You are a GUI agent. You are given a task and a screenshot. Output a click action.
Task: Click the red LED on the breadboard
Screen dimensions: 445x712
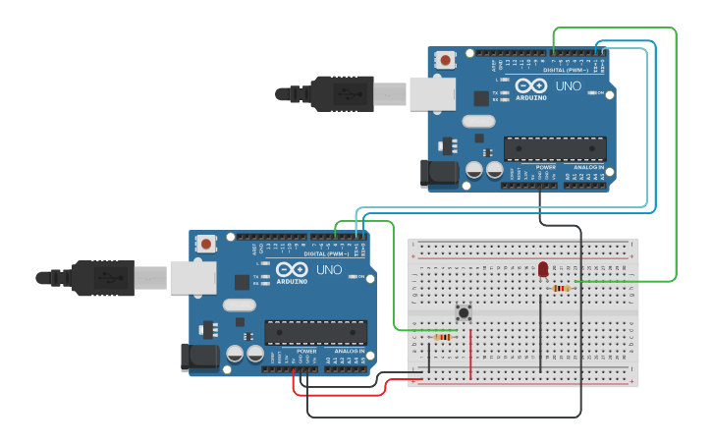click(x=543, y=269)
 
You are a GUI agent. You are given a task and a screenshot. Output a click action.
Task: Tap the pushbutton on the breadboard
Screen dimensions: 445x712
click(x=464, y=313)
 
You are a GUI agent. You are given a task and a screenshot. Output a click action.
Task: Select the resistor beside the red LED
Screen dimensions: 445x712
click(x=561, y=288)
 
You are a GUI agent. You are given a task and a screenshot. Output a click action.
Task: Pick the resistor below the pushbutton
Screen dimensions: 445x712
click(x=442, y=337)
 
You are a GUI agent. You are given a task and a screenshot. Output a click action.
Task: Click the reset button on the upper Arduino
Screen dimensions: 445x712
click(x=446, y=60)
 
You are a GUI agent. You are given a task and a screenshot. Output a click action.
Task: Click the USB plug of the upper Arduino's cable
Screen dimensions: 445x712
click(x=344, y=94)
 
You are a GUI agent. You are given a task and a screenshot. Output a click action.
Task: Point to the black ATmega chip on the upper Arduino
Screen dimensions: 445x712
click(x=555, y=148)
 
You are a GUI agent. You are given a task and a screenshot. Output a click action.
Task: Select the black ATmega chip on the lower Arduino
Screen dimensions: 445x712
click(x=315, y=332)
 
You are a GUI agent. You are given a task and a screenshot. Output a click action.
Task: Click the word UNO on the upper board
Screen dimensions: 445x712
click(x=570, y=86)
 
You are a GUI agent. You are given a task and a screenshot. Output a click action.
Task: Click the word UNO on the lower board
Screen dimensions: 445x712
click(x=330, y=270)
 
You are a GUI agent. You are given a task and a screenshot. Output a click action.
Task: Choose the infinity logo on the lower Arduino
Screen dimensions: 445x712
click(x=293, y=270)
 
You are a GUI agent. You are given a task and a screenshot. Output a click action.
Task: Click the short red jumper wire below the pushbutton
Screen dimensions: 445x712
click(x=470, y=354)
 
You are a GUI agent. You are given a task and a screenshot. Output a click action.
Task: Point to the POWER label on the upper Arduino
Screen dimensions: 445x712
click(x=545, y=168)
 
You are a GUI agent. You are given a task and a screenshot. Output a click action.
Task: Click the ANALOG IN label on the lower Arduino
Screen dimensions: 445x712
click(x=349, y=351)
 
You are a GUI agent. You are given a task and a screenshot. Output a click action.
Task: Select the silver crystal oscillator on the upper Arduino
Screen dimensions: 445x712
click(x=477, y=122)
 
